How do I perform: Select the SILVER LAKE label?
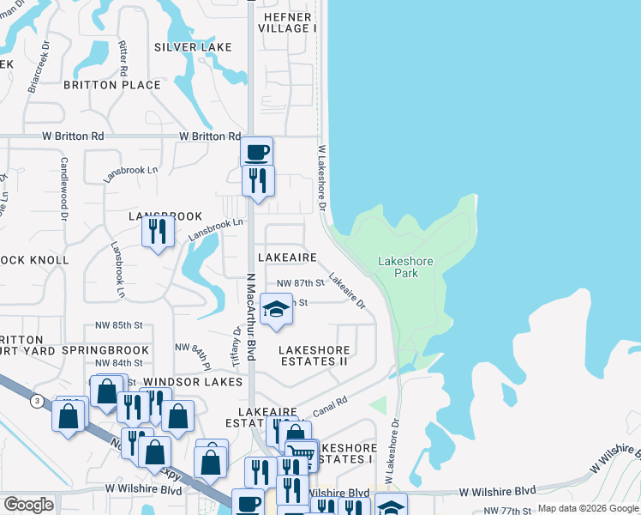click(193, 47)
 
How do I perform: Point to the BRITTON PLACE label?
click(112, 85)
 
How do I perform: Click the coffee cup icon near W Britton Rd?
click(256, 153)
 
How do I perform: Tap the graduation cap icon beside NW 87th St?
click(276, 310)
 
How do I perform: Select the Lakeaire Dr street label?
click(347, 292)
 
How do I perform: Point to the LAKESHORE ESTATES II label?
click(315, 356)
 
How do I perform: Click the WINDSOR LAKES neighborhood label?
click(189, 381)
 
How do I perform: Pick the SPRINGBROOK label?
click(105, 351)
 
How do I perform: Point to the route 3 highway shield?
click(37, 400)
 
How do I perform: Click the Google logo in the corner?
click(27, 505)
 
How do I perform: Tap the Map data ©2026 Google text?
click(587, 508)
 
